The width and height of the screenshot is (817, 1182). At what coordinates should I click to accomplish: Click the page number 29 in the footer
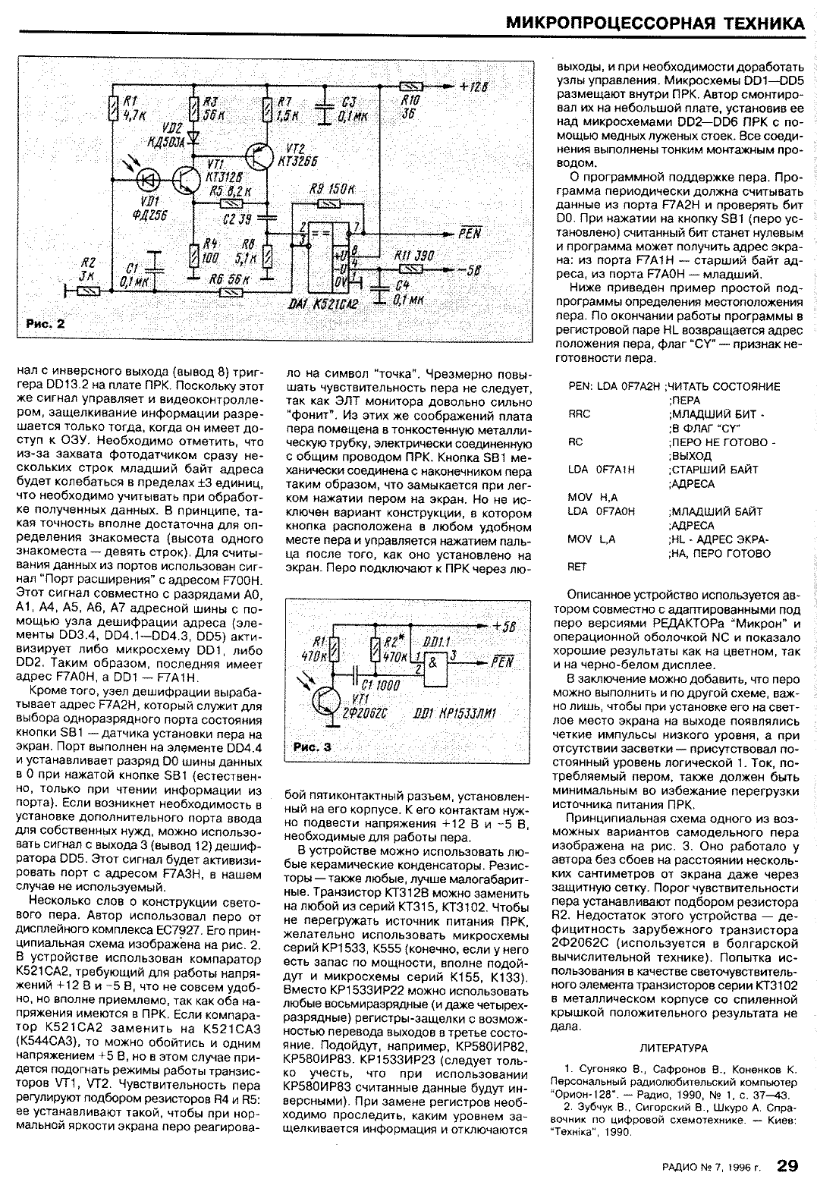click(788, 1164)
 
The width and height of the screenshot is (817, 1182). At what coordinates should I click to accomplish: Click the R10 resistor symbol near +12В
click(410, 86)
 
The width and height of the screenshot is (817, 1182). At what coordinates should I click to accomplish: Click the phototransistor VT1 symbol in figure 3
click(327, 696)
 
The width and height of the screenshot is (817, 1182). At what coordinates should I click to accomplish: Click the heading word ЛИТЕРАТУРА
click(674, 1048)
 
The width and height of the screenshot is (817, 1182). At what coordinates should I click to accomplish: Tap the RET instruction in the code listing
click(577, 566)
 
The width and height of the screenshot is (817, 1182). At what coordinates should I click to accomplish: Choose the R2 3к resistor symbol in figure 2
click(90, 290)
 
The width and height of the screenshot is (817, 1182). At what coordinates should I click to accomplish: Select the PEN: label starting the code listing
click(580, 386)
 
